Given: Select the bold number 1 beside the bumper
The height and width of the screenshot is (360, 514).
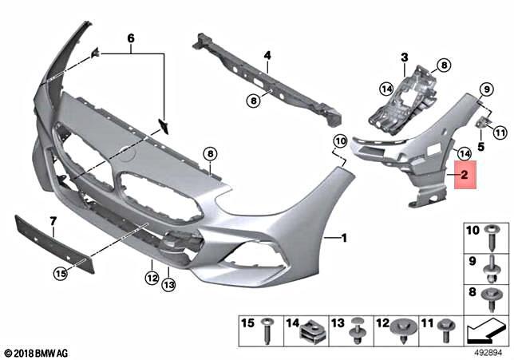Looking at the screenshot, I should pyautogui.click(x=344, y=238).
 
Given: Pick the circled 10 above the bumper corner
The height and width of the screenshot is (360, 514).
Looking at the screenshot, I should pyautogui.click(x=340, y=142).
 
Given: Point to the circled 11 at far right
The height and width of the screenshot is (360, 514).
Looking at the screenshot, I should pyautogui.click(x=500, y=132).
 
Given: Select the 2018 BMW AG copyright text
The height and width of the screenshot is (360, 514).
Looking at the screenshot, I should pyautogui.click(x=36, y=352).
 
